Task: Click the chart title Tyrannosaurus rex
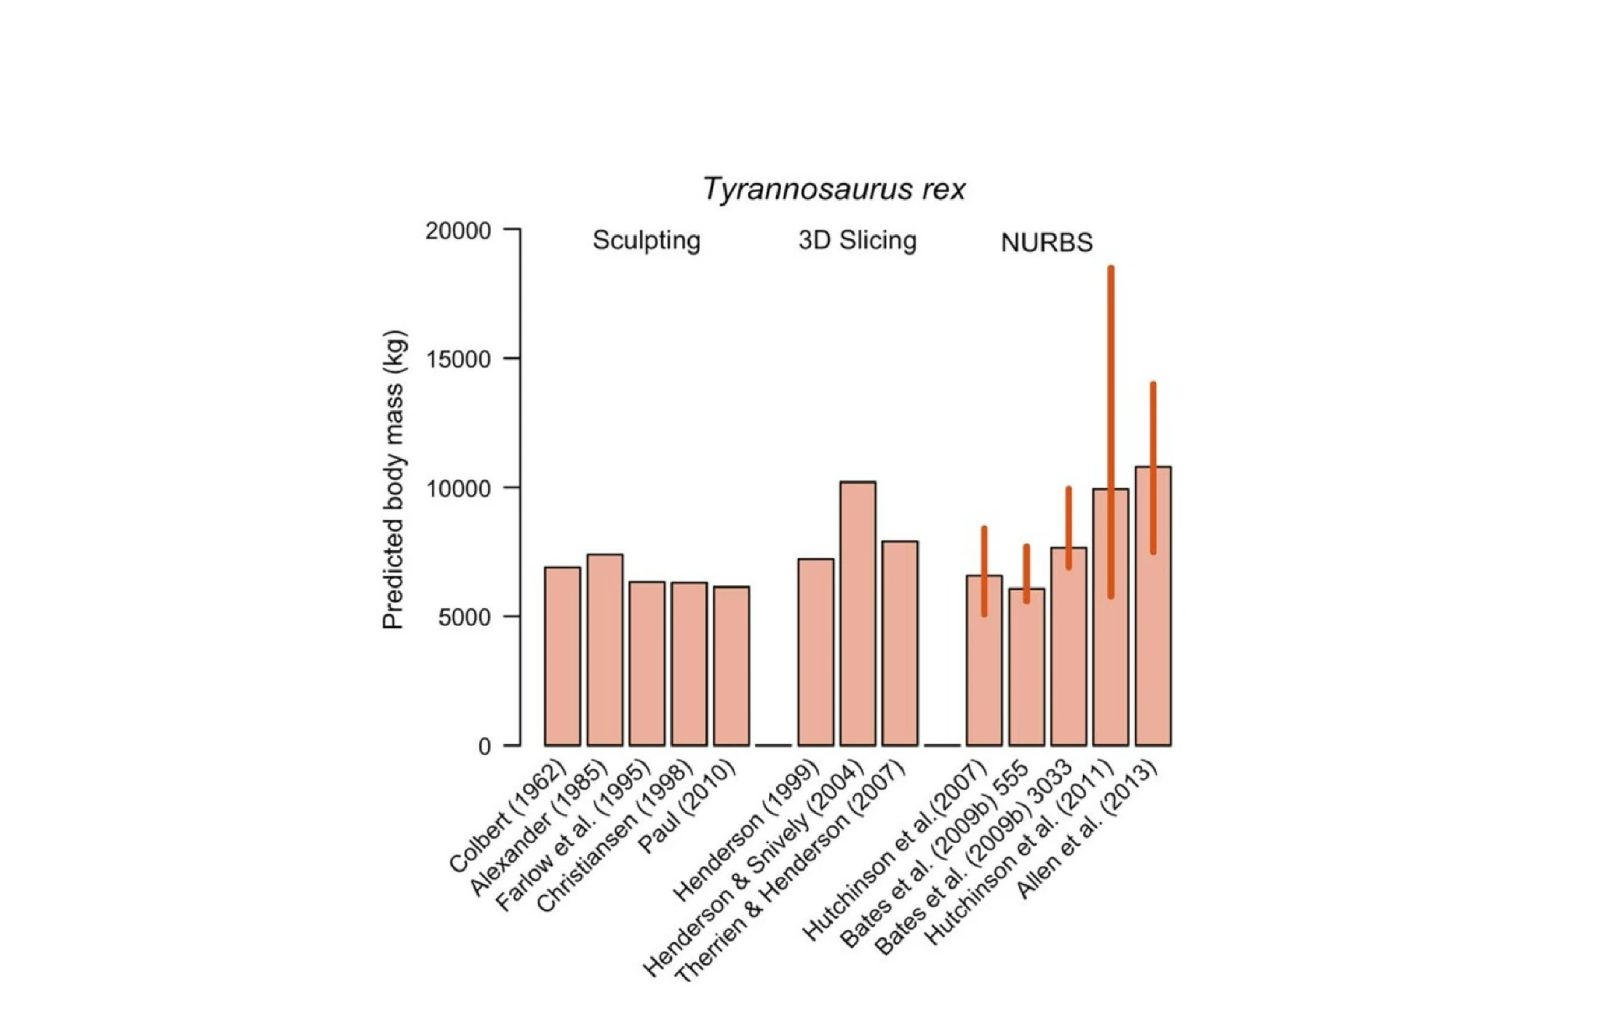pos(834,190)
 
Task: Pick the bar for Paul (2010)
pos(731,666)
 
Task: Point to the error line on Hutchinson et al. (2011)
pos(1111,377)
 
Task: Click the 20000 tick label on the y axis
pos(458,231)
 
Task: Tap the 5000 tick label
pos(464,617)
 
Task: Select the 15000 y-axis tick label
pos(458,360)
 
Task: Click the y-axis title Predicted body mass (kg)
pos(393,480)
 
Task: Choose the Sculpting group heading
pos(646,241)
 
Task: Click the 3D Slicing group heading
pos(857,241)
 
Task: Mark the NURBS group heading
pos(1046,243)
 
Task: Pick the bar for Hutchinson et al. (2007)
pos(984,671)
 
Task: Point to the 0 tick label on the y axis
pos(484,746)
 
